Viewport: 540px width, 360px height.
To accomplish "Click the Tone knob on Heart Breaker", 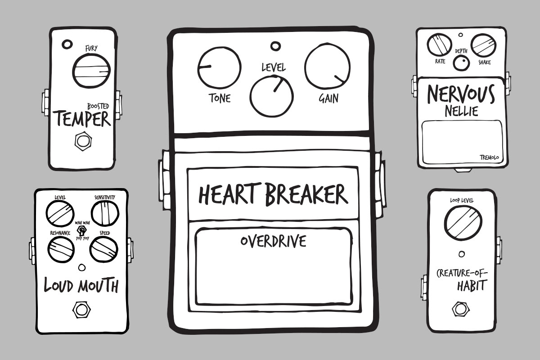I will [219, 69].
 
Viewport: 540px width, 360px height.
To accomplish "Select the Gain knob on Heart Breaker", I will [327, 69].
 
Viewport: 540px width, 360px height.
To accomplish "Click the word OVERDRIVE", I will [273, 241].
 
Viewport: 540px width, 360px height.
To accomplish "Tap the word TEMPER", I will [83, 119].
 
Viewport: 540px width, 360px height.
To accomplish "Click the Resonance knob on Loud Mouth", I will [61, 248].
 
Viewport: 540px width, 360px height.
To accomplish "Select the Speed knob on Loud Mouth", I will [103, 248].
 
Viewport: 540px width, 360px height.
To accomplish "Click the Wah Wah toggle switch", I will [82, 231].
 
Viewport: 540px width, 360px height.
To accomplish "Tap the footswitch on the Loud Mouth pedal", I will [81, 310].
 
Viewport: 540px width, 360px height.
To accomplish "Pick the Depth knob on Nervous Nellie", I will [460, 64].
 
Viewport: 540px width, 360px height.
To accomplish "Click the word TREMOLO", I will [489, 157].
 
